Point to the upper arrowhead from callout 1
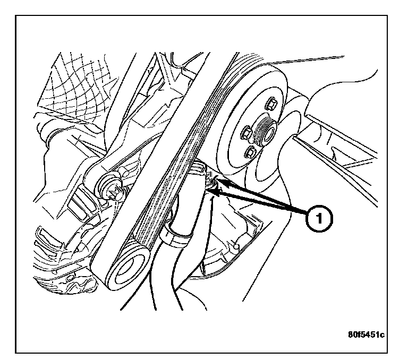(x=222, y=182)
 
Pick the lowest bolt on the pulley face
(x=250, y=154)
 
